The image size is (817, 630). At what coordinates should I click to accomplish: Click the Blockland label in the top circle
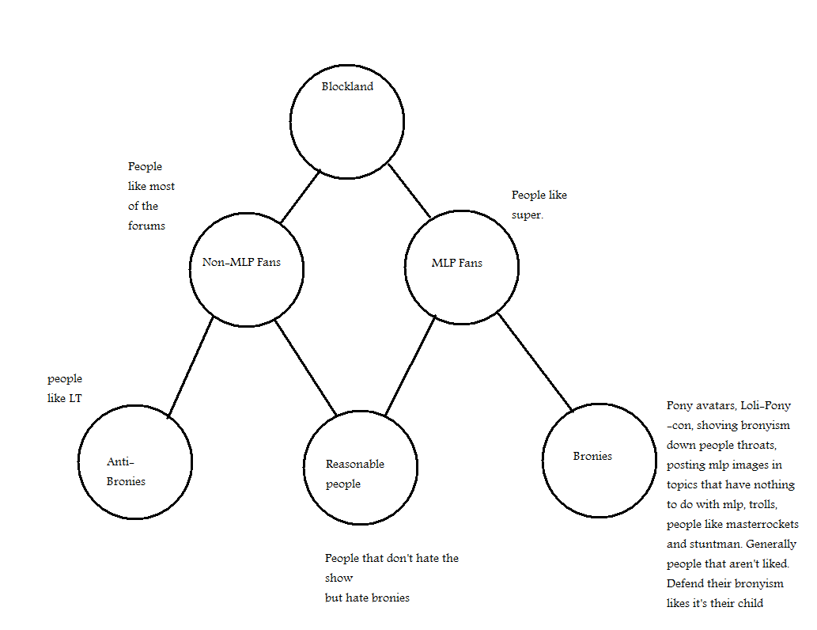tap(346, 87)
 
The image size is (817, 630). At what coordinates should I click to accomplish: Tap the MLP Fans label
tap(456, 263)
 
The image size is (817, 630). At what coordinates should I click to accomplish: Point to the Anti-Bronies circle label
tap(126, 471)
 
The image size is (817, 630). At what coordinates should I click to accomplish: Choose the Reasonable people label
tap(354, 473)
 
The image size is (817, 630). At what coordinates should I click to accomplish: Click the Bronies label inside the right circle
tap(592, 456)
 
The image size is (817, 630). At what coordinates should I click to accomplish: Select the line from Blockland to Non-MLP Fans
tap(301, 196)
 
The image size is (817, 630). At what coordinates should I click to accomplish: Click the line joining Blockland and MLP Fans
tap(409, 191)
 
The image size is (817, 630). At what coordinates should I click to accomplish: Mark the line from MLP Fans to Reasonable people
tap(410, 365)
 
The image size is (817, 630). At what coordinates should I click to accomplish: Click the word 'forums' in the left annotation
tap(147, 226)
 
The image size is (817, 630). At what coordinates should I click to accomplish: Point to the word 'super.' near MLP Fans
tap(528, 214)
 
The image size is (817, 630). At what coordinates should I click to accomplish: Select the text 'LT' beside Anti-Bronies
tap(75, 398)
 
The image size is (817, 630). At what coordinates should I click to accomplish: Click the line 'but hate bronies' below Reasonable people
tap(367, 598)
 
